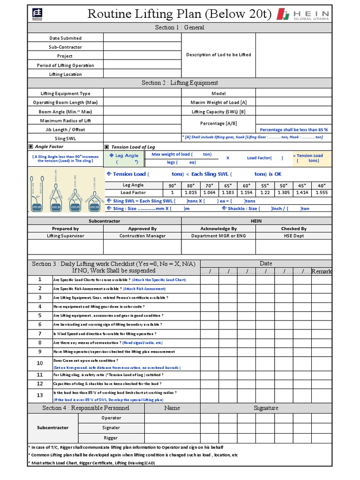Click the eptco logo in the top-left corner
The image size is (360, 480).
coord(37,15)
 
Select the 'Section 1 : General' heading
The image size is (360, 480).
coord(180,28)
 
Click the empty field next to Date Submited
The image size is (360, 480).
coord(142,38)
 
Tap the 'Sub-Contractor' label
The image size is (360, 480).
coord(65,47)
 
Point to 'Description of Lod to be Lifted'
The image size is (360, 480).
coord(218,55)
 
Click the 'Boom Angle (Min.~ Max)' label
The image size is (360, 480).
coord(65,112)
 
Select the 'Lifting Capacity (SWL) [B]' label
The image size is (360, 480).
coord(218,112)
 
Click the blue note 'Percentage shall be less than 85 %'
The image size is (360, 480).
coord(293,129)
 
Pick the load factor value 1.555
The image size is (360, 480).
coord(322,193)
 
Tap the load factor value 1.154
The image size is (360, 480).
coord(247,193)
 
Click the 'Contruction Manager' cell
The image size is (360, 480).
coord(142,236)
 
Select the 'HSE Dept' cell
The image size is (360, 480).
coord(294,236)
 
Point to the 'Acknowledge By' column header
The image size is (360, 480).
coord(218,229)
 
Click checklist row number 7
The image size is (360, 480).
coord(40,334)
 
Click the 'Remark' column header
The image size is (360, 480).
coord(322,271)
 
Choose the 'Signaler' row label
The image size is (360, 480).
coord(111,427)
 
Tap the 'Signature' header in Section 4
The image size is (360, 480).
coord(266,408)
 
